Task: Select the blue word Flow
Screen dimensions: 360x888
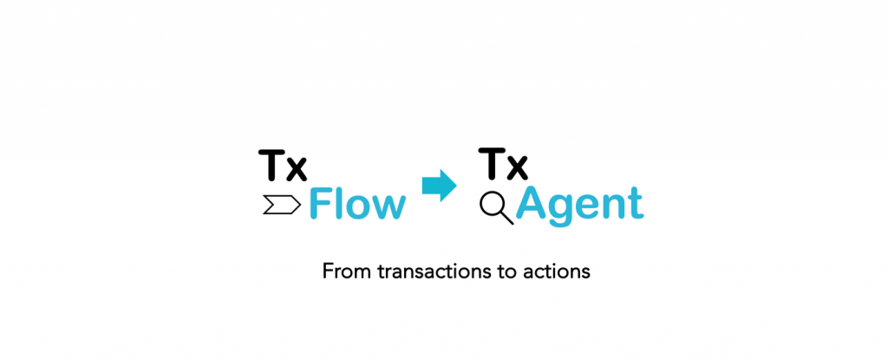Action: coord(356,205)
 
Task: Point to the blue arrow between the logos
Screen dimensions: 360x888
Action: coord(440,185)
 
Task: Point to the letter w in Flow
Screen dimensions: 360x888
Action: coord(388,208)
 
